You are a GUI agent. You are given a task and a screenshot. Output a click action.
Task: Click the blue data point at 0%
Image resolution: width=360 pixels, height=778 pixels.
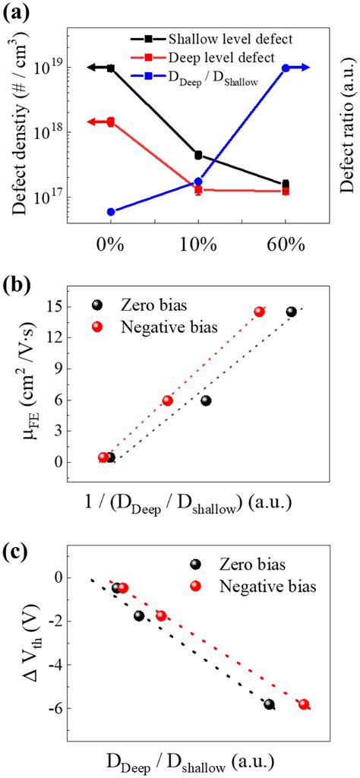pos(111,212)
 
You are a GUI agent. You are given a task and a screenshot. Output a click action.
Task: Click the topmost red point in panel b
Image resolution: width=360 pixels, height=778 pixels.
pos(260,312)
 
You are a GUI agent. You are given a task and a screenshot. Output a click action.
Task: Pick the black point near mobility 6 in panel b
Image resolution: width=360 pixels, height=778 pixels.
pos(206,400)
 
